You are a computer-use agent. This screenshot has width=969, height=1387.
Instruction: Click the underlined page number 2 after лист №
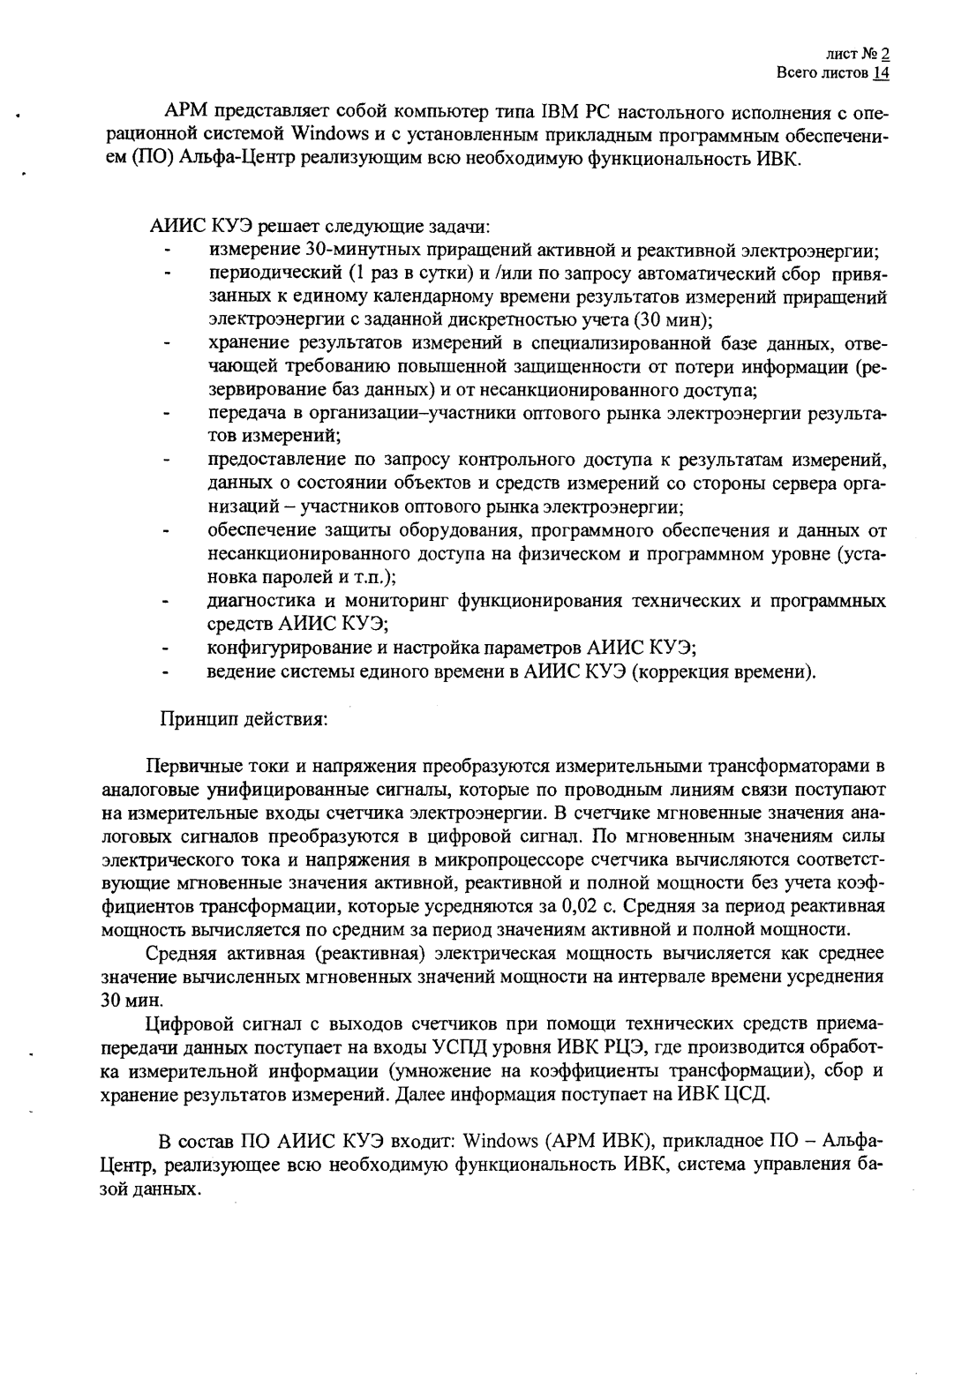[x=884, y=53]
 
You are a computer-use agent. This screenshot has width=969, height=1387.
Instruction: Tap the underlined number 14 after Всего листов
[x=881, y=72]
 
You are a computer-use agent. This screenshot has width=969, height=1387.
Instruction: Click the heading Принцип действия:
[x=243, y=718]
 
